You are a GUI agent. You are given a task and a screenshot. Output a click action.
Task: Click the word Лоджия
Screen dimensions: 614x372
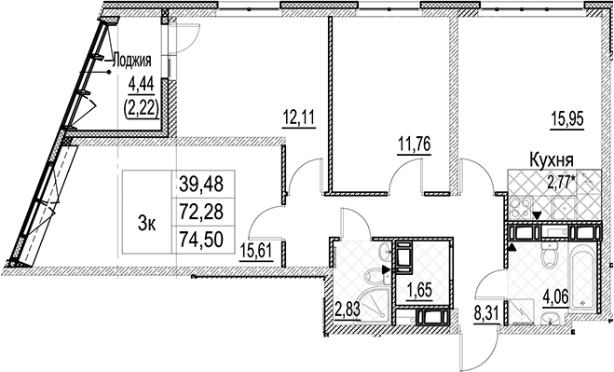tap(132, 62)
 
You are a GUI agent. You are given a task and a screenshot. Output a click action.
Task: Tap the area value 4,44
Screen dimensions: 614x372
tap(141, 84)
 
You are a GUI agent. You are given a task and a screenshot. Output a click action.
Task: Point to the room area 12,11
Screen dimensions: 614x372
tap(299, 117)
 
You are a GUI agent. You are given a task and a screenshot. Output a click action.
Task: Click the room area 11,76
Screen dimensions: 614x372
tap(414, 145)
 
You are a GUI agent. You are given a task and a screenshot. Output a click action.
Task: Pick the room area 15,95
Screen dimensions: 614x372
tap(567, 118)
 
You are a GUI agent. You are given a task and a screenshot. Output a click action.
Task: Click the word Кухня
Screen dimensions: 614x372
tap(552, 160)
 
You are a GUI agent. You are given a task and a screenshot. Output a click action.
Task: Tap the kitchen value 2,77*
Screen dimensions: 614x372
tap(562, 183)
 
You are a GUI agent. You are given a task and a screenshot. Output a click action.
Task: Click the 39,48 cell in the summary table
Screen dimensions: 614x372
tap(203, 184)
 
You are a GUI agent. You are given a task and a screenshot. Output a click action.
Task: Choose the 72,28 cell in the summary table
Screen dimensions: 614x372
tap(203, 212)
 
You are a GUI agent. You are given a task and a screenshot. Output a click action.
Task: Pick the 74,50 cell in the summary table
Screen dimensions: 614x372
tap(203, 240)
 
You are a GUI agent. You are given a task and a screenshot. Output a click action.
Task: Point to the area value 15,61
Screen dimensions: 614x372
tap(256, 251)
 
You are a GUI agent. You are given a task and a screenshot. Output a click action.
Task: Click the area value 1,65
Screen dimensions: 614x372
tap(419, 291)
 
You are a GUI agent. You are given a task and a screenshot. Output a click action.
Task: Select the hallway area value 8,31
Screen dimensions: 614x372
tap(487, 315)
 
